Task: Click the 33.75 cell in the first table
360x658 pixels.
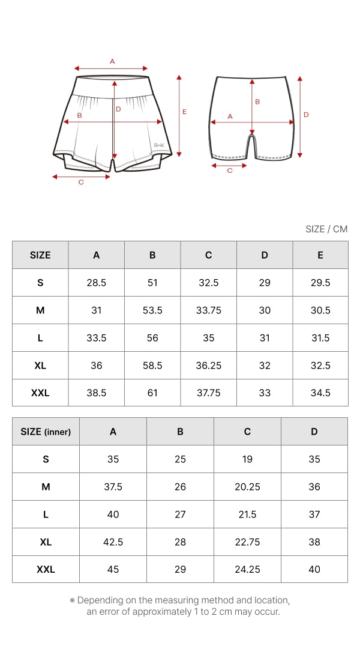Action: coord(209,310)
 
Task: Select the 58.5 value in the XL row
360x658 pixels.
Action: coord(152,366)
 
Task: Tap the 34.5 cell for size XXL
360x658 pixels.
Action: coord(320,393)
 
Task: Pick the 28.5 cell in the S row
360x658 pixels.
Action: coord(97,282)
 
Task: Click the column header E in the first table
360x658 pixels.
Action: coord(320,255)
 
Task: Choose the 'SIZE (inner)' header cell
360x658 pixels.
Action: coord(46,432)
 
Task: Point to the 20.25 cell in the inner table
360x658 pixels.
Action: coord(248,487)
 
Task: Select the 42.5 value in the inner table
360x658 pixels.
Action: coord(113,542)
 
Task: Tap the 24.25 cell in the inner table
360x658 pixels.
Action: coord(248,569)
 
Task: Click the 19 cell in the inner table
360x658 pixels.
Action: coord(248,459)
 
